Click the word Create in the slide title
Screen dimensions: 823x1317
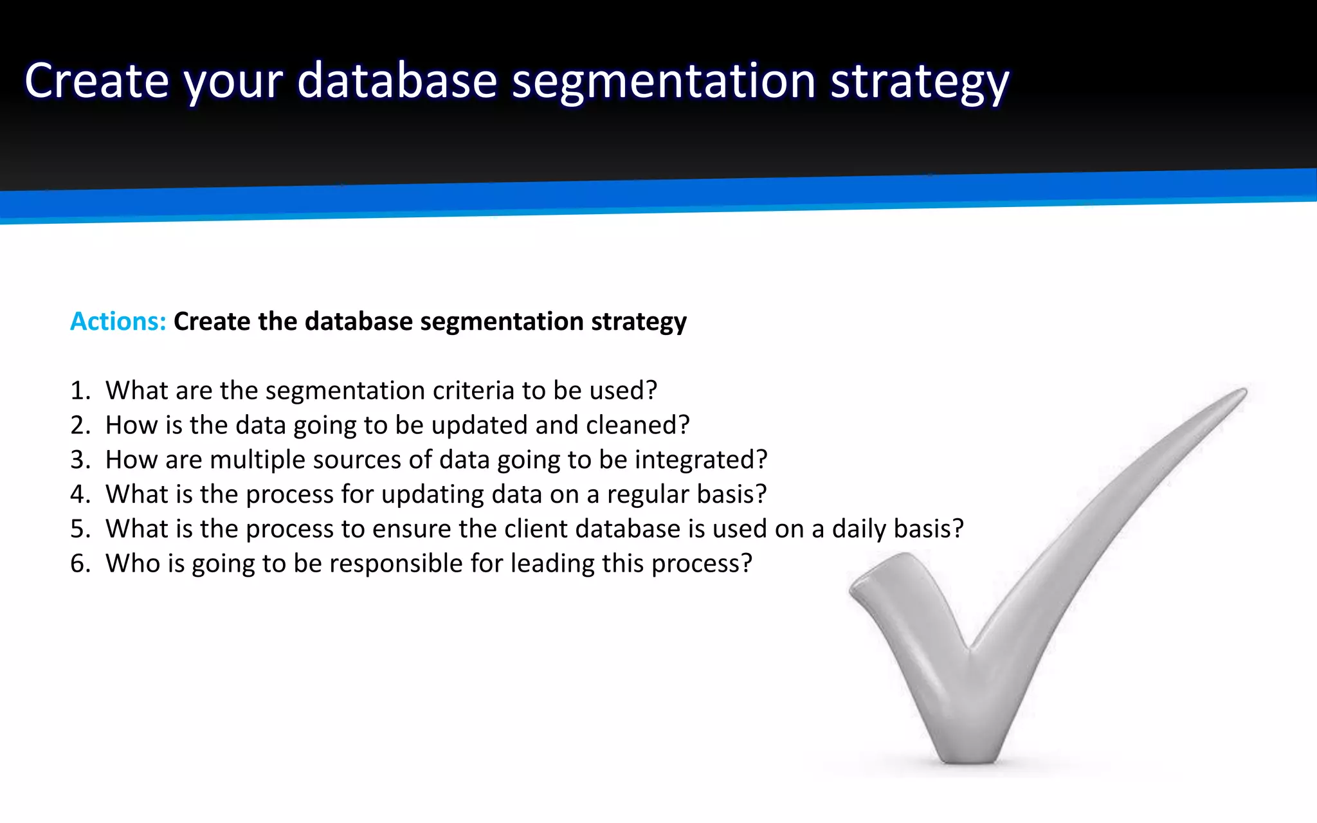tap(96, 81)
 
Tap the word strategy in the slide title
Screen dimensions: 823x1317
tap(920, 82)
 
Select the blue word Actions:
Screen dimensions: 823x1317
tap(118, 321)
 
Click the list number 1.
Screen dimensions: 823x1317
tap(79, 390)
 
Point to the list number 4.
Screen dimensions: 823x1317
tap(79, 494)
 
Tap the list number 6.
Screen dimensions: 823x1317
tap(79, 563)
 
